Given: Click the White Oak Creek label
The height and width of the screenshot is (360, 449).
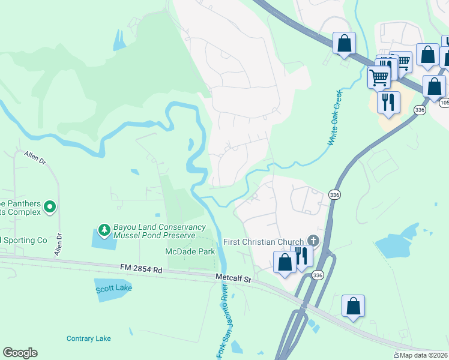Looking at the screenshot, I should [x=334, y=118].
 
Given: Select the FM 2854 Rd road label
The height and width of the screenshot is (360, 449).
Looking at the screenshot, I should [x=140, y=270].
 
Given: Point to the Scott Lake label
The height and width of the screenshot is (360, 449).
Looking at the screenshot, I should [x=113, y=289].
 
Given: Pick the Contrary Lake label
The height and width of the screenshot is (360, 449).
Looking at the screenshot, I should [x=89, y=338].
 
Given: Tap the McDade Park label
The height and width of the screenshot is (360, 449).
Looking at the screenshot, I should [x=191, y=252].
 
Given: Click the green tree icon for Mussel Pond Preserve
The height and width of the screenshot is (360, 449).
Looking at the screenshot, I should [x=104, y=230].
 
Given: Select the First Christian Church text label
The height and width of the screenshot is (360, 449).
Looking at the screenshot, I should [x=263, y=242].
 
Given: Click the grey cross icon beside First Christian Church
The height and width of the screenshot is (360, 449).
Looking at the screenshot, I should [x=312, y=240].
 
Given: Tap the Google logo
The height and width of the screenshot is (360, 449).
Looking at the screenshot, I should [x=20, y=353].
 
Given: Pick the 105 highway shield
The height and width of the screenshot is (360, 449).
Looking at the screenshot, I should [x=444, y=103].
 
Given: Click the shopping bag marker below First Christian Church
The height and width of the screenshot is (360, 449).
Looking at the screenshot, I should [x=285, y=262].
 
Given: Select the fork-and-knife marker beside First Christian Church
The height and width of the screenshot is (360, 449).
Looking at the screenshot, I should [x=301, y=255].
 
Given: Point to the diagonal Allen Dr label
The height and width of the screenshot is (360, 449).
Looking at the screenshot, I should [x=35, y=158].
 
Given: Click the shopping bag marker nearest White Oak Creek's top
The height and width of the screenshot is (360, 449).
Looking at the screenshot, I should [x=344, y=43].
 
